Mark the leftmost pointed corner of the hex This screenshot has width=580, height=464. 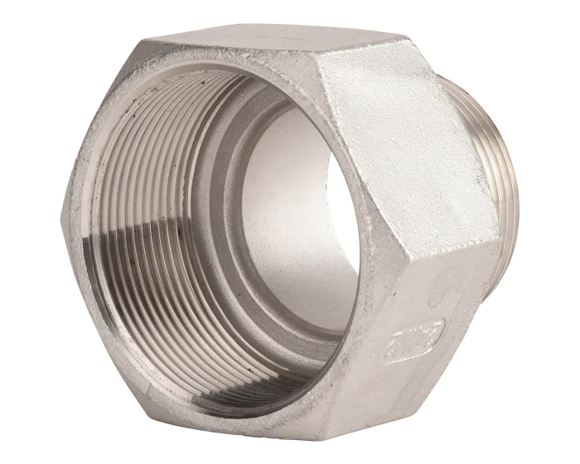tap(63, 217)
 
